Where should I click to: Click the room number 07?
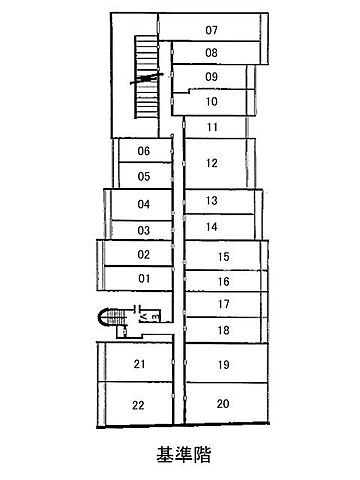(x=211, y=30)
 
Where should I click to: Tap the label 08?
(x=211, y=53)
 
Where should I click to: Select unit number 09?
(x=211, y=77)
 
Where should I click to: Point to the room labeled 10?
(x=212, y=101)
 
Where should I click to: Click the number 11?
(x=212, y=127)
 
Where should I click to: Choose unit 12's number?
(x=212, y=163)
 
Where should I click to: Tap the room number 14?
(x=212, y=227)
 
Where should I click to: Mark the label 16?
(x=224, y=282)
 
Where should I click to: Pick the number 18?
(x=224, y=330)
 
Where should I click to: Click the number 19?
(x=224, y=365)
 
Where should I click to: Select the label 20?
(x=223, y=404)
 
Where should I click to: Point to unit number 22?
(x=138, y=405)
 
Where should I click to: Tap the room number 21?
(x=139, y=364)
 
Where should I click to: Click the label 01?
(x=144, y=278)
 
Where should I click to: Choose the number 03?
(x=144, y=230)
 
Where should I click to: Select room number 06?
(x=144, y=151)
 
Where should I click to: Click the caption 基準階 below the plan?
(x=184, y=454)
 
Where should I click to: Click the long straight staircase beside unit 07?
(x=146, y=77)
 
